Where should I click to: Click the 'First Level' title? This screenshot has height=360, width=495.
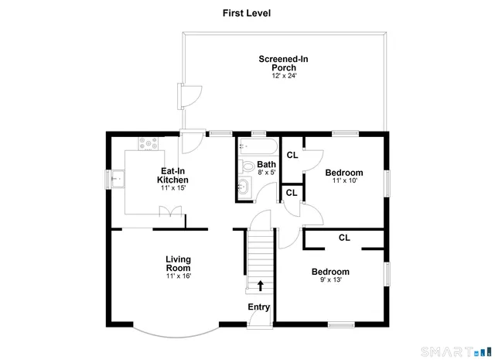(x=247, y=13)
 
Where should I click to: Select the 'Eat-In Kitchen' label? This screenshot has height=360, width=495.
(x=173, y=175)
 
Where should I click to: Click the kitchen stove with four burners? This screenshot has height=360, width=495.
(x=148, y=143)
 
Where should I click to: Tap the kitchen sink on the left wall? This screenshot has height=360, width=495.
(x=114, y=180)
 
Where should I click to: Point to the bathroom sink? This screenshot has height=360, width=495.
(x=243, y=187)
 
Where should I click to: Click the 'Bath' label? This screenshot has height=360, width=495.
(x=266, y=164)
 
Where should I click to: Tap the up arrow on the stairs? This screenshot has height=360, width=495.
(x=260, y=286)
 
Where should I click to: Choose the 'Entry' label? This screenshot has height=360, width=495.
(x=259, y=307)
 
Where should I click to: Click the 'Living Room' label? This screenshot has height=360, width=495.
(x=178, y=263)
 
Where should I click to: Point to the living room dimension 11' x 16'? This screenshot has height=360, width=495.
(x=178, y=276)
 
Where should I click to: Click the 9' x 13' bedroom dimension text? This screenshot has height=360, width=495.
(x=330, y=281)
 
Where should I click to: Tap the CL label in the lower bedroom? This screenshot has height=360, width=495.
(x=344, y=238)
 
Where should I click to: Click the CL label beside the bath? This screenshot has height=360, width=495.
(x=292, y=155)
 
